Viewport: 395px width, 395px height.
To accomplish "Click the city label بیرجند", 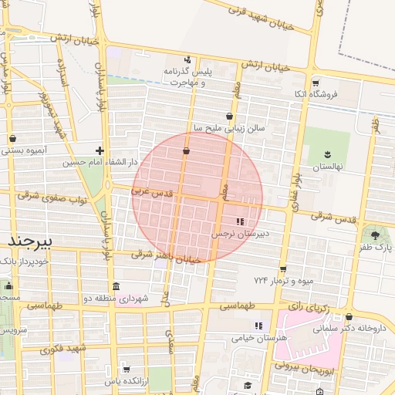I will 29,241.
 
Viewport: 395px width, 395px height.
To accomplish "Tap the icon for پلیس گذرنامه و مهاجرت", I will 187,60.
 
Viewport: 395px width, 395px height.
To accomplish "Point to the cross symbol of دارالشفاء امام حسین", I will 100,150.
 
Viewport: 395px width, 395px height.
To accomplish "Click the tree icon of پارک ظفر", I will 375,235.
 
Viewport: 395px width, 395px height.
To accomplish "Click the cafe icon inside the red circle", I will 186,151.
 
